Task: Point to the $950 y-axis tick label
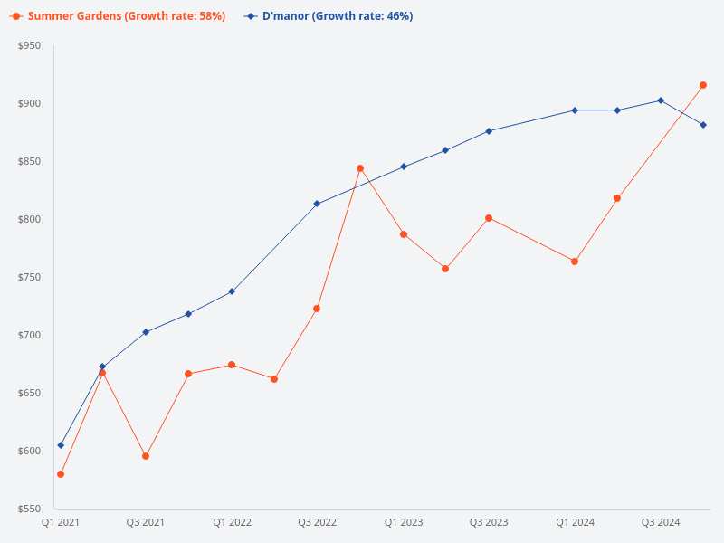pos(30,45)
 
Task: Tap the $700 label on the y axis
pos(30,335)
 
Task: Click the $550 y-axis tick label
pos(30,509)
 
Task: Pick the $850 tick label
pos(30,161)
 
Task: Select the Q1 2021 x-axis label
pos(61,522)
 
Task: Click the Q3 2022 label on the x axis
pos(317,522)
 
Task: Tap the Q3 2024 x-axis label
pos(661,522)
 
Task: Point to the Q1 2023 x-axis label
pos(404,522)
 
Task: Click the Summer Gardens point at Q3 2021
pos(146,456)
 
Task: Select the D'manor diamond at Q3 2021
pos(146,332)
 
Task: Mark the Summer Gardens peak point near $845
pos(360,168)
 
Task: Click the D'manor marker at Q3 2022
pos(317,204)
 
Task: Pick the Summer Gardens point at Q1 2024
pos(575,262)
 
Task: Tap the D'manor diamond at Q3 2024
pos(661,100)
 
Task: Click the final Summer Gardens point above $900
pos(703,85)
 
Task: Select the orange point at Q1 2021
pos(61,474)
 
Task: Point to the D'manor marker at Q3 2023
pos(489,131)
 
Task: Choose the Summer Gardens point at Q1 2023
pos(404,234)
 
